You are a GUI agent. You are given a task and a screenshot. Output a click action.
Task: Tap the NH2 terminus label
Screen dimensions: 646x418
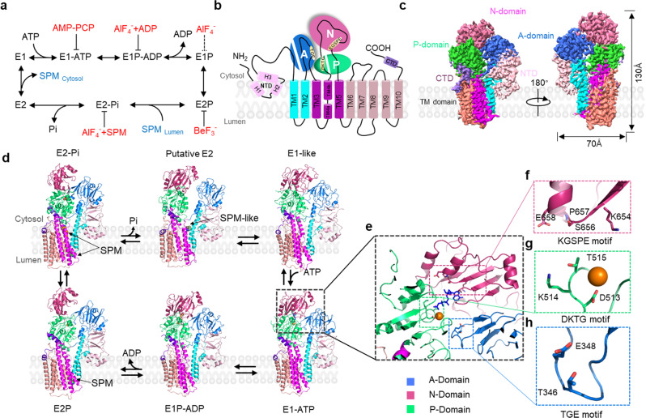215,56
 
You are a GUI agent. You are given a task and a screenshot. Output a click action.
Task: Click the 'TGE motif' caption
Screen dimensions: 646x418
577,411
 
